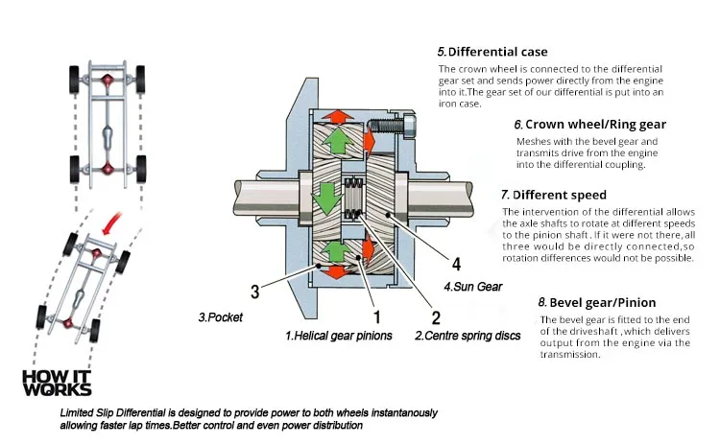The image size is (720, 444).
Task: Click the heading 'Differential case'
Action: pyautogui.click(x=492, y=51)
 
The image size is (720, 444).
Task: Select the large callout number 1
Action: pyautogui.click(x=377, y=316)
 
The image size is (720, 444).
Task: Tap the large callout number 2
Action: pyautogui.click(x=436, y=317)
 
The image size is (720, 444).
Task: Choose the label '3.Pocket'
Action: pyautogui.click(x=220, y=315)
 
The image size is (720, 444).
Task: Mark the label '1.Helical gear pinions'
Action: pyautogui.click(x=337, y=337)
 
